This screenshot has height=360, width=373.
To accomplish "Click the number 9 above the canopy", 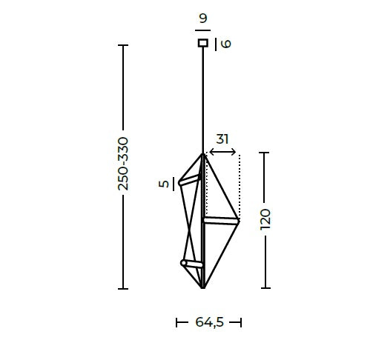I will (202, 19).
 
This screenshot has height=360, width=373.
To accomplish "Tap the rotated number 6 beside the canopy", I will (225, 44).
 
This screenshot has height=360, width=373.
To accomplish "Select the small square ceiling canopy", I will (202, 43).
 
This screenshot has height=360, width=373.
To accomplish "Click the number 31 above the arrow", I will (222, 139).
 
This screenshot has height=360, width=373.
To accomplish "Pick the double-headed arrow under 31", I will (222, 153).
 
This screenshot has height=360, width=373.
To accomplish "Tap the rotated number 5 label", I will (163, 184).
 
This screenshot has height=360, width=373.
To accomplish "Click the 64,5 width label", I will (209, 322).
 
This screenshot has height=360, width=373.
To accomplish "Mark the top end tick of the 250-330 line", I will (123, 46).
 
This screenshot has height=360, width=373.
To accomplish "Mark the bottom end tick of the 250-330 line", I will (123, 288).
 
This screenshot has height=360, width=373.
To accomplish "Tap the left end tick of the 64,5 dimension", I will (177, 322).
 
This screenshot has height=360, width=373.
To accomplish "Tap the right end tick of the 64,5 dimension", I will (241, 322).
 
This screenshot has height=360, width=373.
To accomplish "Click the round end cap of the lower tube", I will (184, 262).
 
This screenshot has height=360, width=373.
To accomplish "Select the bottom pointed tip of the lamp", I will (202, 287).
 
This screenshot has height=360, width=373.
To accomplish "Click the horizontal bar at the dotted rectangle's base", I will (222, 220).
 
